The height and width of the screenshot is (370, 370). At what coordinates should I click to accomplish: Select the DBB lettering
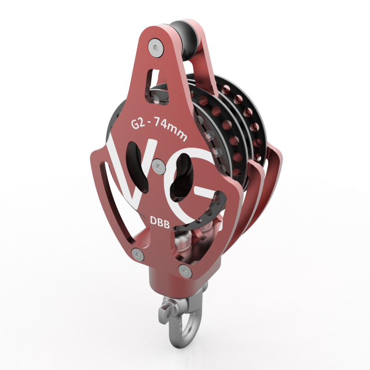click(160, 222)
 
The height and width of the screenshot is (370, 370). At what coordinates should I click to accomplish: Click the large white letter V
click(132, 170)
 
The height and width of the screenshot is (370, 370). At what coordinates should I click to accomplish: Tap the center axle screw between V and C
click(158, 167)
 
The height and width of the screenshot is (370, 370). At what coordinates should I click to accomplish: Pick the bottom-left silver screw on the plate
click(138, 254)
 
